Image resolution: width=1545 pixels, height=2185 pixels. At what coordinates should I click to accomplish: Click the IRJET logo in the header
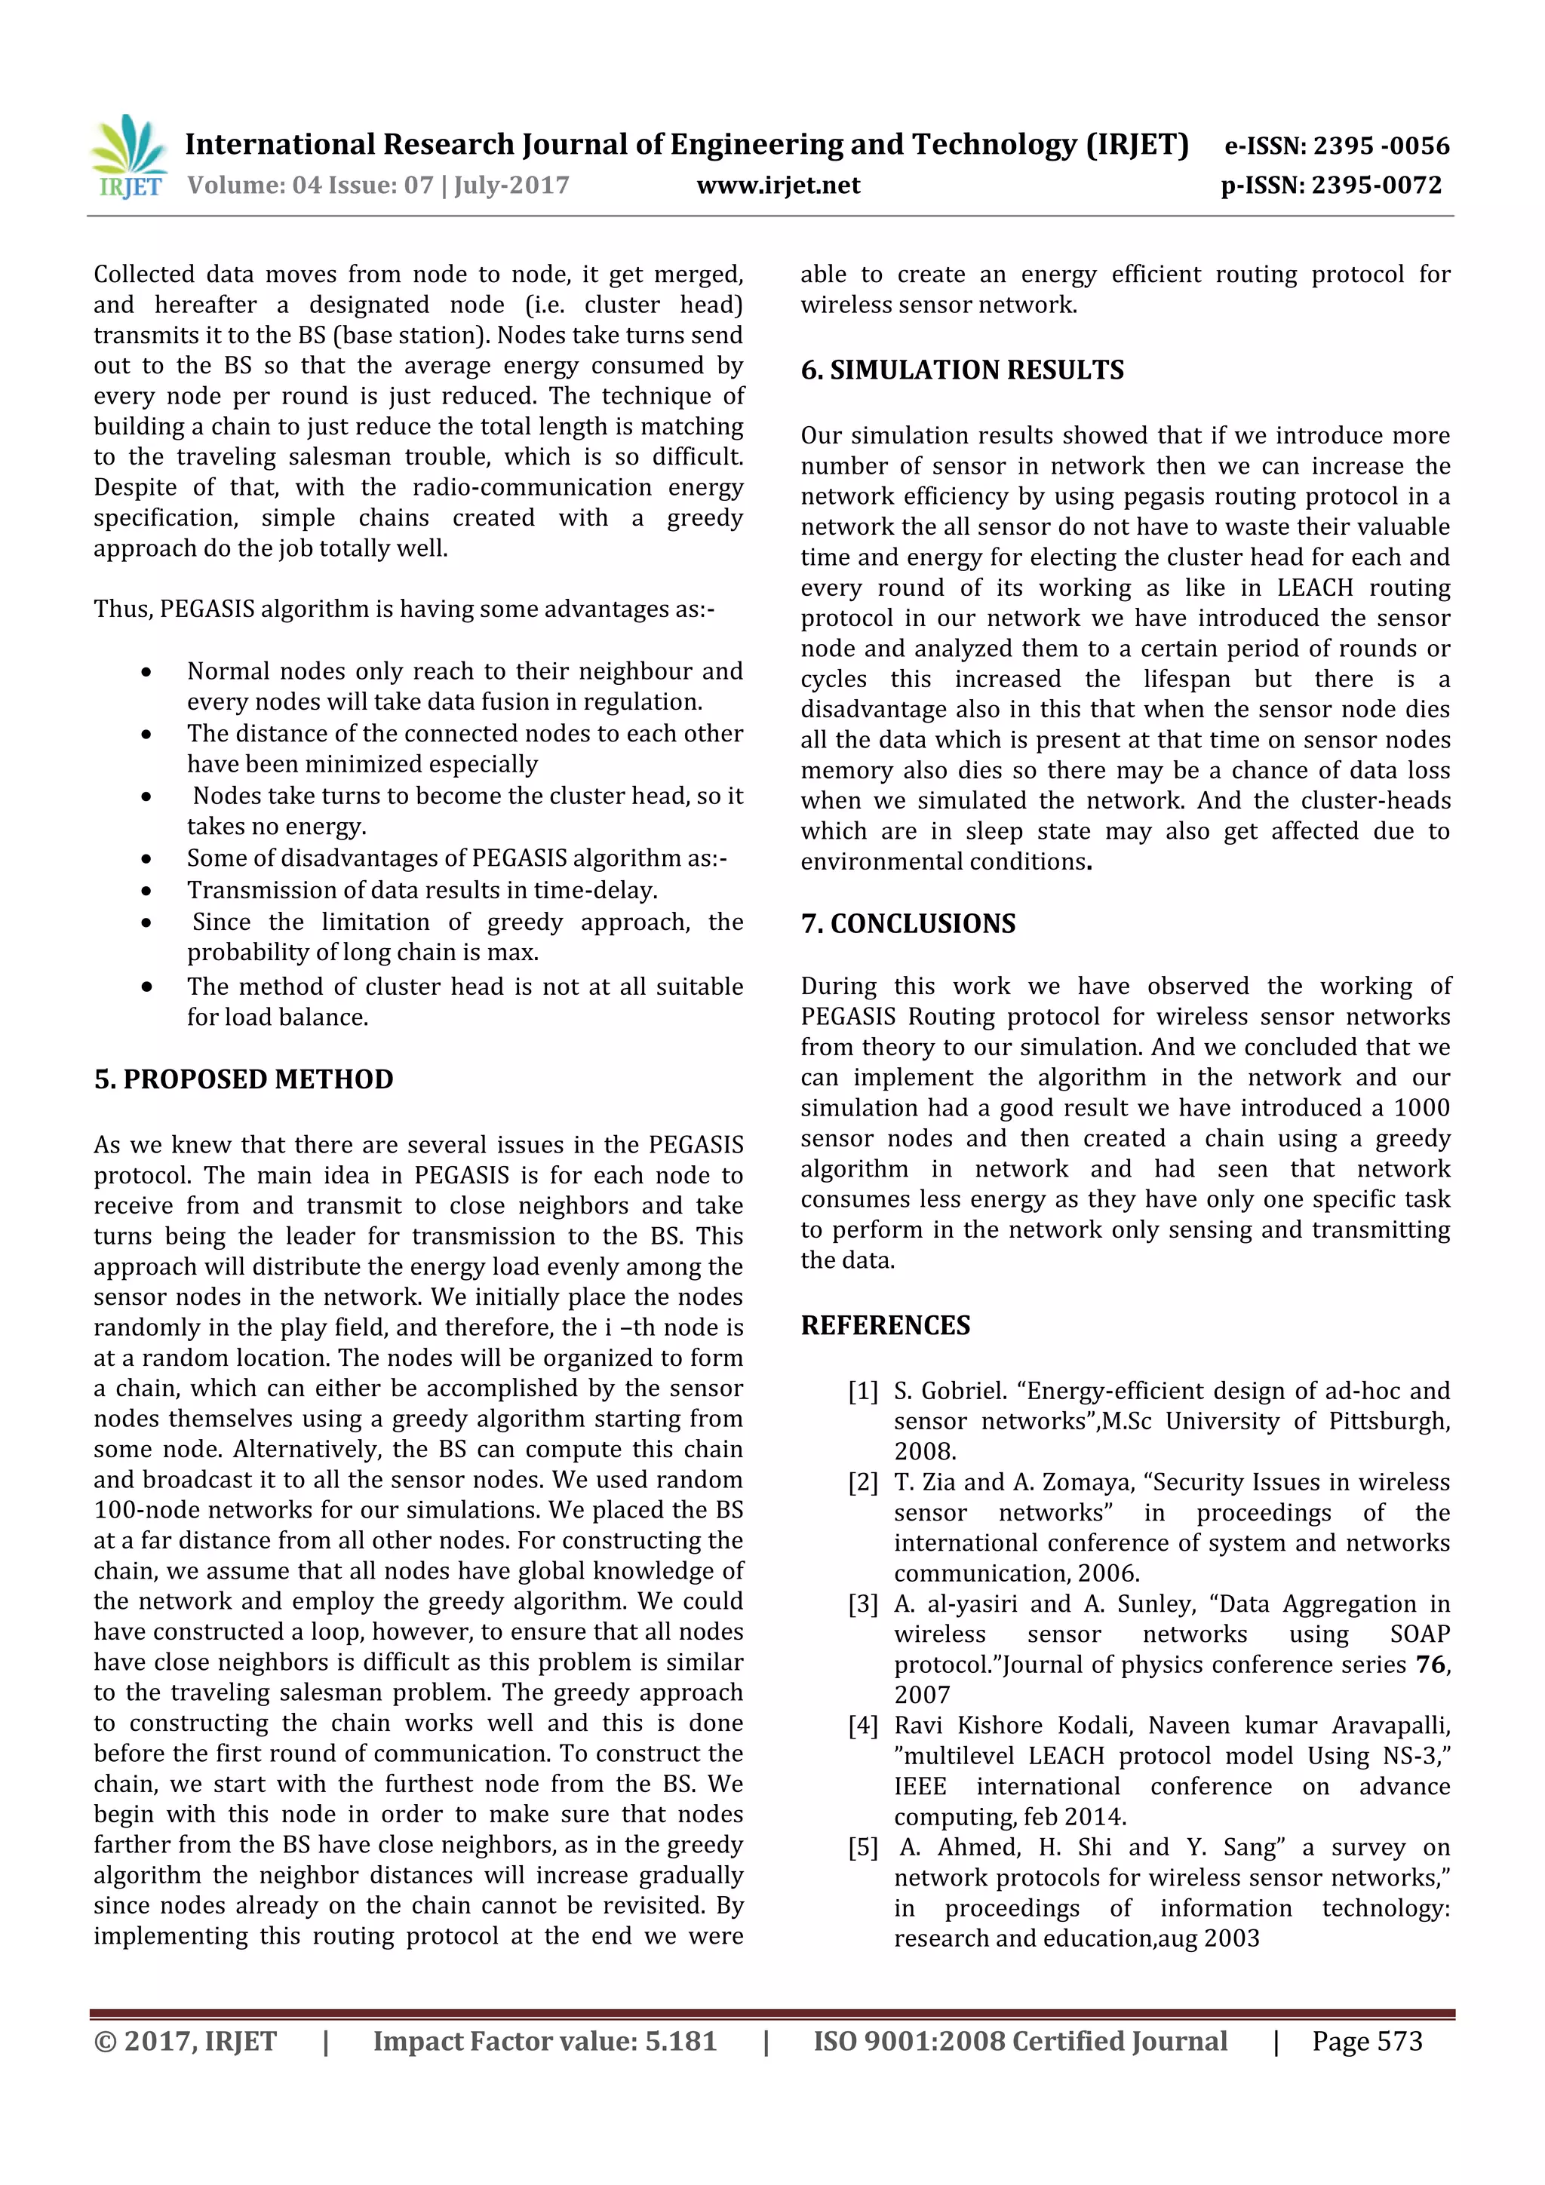point(128,155)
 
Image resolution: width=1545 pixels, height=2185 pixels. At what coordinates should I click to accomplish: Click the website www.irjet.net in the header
point(778,186)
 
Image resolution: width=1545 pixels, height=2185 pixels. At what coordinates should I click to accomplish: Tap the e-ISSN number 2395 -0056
point(1381,146)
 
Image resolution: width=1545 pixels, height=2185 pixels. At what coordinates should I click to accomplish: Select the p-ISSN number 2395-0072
point(1377,186)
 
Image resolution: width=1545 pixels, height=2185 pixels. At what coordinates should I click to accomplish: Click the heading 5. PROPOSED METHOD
point(244,1079)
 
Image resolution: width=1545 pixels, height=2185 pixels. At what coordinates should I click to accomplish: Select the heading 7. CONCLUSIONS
point(908,924)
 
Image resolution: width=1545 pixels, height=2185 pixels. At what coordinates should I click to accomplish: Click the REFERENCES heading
point(886,1326)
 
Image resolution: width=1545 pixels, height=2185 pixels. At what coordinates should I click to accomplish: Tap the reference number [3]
point(862,1604)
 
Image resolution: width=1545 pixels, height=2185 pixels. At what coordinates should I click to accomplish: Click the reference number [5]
point(862,1848)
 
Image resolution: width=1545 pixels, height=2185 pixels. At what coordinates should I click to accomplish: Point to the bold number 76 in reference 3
point(1430,1665)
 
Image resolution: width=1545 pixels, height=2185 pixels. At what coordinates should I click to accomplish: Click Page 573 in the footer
point(1367,2041)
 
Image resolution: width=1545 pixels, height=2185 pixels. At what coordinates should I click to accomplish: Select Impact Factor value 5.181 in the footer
point(545,2041)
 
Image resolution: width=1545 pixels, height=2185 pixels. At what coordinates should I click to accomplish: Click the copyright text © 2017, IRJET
point(186,2041)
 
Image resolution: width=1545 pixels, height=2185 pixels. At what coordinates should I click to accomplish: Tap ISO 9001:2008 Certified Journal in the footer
point(1019,2041)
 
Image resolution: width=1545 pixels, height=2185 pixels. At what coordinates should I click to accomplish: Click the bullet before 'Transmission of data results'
point(146,891)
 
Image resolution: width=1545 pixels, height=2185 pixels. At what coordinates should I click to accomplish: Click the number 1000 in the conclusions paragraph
point(1421,1108)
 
